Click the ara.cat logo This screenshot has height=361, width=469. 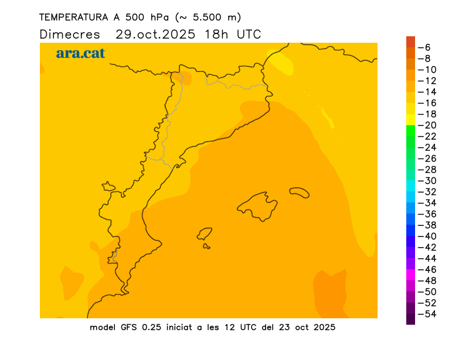[80, 53]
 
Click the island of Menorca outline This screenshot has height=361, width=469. [300, 192]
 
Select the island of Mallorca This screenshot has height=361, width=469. [258, 206]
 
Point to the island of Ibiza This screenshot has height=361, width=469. [205, 234]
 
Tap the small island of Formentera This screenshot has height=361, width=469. [206, 246]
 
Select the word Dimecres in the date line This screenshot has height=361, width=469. [70, 34]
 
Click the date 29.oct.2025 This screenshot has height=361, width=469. [155, 34]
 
